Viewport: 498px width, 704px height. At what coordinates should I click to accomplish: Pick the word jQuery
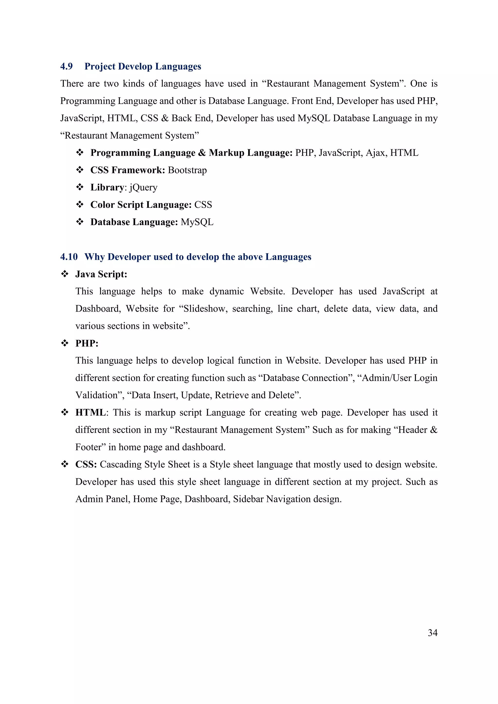143,187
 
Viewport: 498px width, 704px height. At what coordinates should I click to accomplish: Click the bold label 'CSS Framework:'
128,170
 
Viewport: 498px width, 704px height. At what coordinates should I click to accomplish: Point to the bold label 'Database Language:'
134,222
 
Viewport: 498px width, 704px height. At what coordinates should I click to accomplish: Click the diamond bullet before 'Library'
80,187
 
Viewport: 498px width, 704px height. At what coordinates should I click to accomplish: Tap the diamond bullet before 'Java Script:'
65,274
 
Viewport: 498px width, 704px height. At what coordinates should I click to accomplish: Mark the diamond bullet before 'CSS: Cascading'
65,464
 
